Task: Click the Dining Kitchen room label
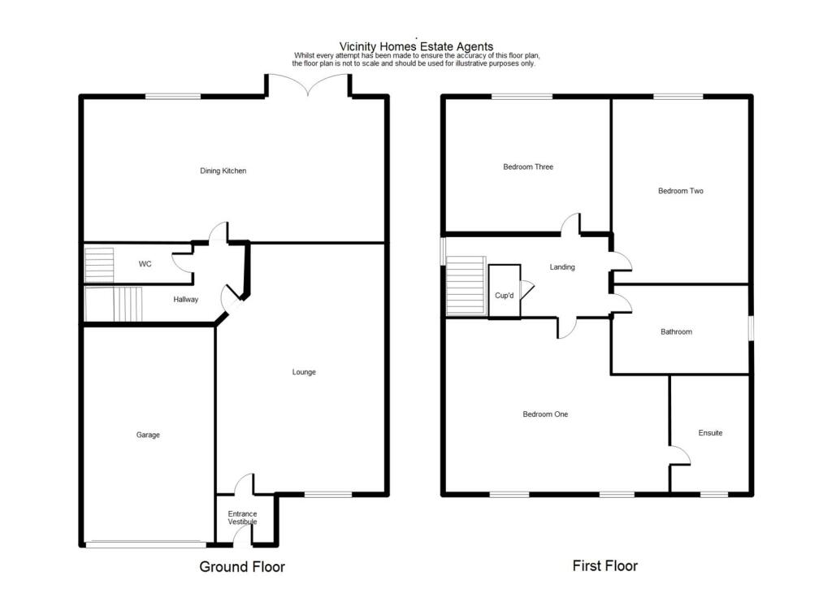(223, 171)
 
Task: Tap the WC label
(145, 264)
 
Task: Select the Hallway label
(185, 300)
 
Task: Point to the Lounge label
(304, 372)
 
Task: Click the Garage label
(148, 435)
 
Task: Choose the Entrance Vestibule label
(242, 518)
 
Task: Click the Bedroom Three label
(528, 167)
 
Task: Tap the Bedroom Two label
(680, 191)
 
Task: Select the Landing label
(562, 266)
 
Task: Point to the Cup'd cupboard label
(505, 296)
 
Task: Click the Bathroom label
(676, 331)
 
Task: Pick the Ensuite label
(710, 433)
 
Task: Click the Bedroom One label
(545, 414)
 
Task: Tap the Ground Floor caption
(242, 566)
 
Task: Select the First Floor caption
(605, 565)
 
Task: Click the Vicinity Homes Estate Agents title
(416, 47)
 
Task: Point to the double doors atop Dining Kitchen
(308, 84)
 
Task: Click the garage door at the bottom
(146, 544)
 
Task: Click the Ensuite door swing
(679, 456)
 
